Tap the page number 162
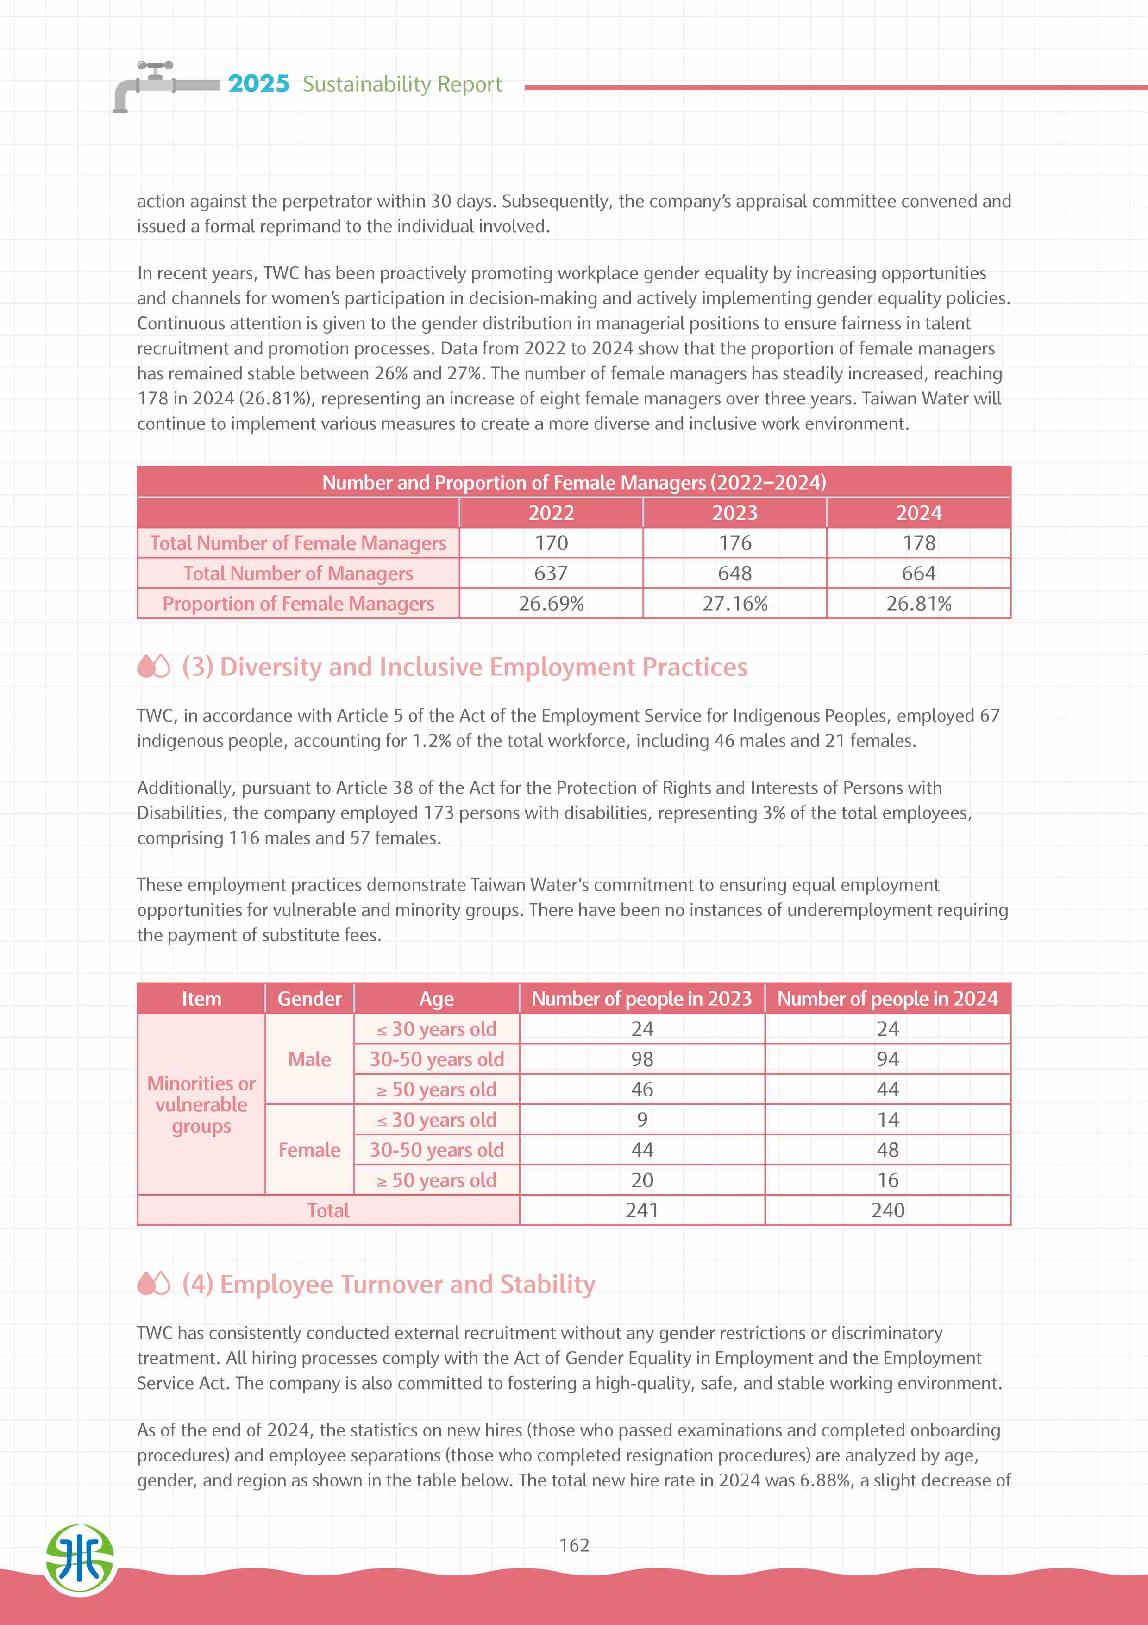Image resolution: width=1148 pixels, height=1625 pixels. click(574, 1545)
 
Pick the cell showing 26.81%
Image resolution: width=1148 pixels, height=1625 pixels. click(918, 604)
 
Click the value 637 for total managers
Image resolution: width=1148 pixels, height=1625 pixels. click(551, 573)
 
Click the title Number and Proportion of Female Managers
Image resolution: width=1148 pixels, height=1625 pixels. click(574, 483)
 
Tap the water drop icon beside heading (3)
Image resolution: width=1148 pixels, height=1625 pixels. click(153, 666)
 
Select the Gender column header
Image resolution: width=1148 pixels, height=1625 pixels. click(309, 999)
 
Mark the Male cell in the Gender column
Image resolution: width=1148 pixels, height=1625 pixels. click(309, 1059)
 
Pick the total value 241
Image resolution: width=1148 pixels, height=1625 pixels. click(641, 1210)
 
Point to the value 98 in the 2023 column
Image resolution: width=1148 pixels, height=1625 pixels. click(641, 1059)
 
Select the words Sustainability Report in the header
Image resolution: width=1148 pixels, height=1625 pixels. click(402, 84)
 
